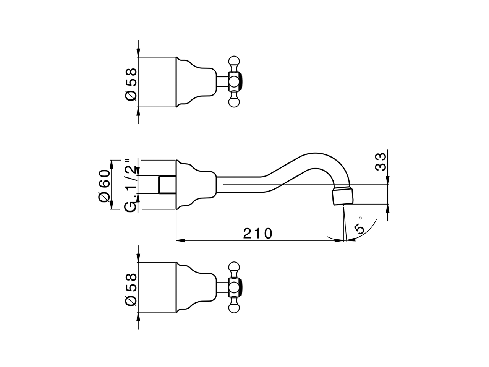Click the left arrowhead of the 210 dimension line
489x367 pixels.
coord(180,241)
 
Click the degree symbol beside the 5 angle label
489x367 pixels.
coord(360,218)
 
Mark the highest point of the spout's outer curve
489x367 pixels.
coord(316,153)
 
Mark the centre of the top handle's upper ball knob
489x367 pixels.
coord(234,61)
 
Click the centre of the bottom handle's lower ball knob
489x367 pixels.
coord(234,308)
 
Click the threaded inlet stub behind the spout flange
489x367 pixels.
coord(167,185)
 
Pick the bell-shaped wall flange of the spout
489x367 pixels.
coord(196,185)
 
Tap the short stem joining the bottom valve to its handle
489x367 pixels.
coord(222,287)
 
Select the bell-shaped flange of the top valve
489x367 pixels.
coord(196,82)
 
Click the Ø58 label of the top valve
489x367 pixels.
coord(131,84)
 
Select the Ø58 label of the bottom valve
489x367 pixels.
coord(131,289)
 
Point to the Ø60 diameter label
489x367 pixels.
coord(104,186)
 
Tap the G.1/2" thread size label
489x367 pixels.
coord(130,185)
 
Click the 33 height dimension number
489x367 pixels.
coord(381,162)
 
